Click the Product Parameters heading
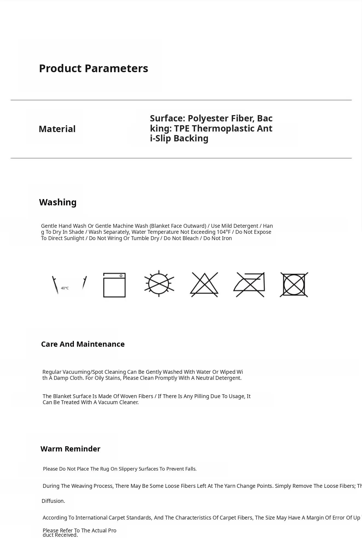(93, 68)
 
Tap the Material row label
(57, 129)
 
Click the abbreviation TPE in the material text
(183, 128)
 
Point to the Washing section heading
(58, 202)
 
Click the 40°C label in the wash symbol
(65, 288)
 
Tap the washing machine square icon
(114, 285)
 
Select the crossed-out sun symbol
(159, 284)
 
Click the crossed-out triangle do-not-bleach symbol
(204, 285)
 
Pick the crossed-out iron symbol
(250, 285)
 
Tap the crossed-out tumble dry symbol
(294, 285)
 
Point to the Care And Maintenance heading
(83, 344)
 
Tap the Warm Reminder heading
(70, 449)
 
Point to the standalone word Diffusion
(53, 501)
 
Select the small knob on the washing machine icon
(121, 276)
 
